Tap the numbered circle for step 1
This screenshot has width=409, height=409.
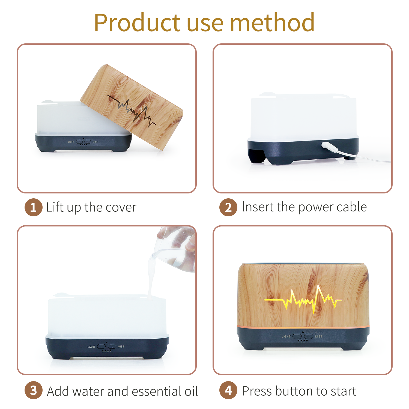(x=33, y=207)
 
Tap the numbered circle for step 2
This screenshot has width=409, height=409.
(x=228, y=207)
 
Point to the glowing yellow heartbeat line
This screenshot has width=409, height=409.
(x=303, y=300)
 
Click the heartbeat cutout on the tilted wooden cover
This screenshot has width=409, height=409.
(x=132, y=111)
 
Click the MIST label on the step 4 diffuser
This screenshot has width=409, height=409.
(x=319, y=336)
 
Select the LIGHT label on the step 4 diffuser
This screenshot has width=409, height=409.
(x=286, y=336)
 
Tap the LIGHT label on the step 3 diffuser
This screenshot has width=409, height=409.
(x=91, y=347)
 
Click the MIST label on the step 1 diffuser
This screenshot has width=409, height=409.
(x=95, y=142)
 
